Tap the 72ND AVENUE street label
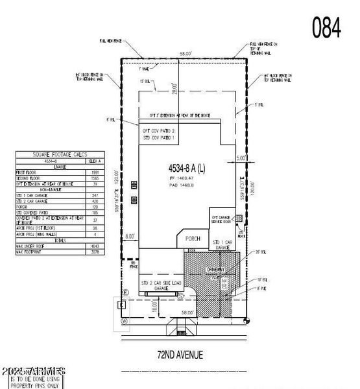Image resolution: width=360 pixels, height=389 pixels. click(180, 354)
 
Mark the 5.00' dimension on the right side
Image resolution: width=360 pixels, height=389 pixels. click(241, 158)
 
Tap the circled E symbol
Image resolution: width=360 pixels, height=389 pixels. click(125, 292)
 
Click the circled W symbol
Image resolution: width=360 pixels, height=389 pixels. click(125, 320)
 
